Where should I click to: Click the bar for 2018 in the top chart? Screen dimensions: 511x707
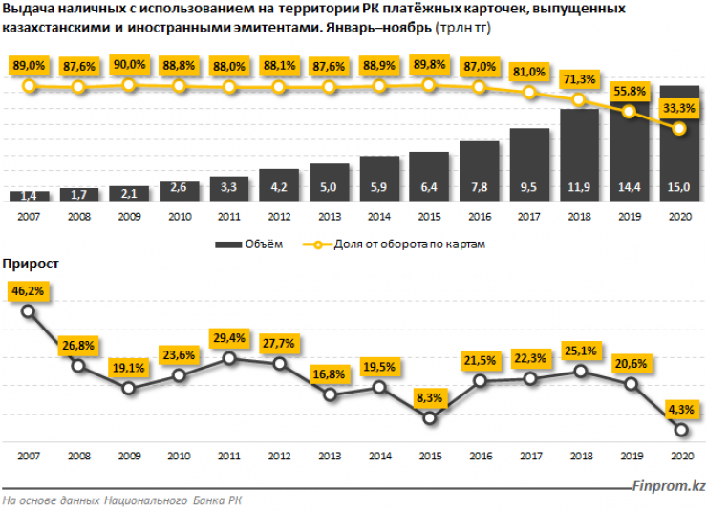coord(580,153)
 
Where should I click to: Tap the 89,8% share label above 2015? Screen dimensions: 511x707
coord(429,65)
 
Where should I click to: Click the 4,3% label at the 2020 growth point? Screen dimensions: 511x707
coord(680,410)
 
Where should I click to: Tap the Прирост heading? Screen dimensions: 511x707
coord(32,261)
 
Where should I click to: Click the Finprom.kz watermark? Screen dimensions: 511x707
coord(670,486)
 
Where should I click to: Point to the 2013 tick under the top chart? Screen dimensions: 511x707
coord(329,217)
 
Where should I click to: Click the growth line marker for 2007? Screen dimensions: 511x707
coord(29,311)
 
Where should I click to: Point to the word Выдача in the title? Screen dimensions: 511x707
coord(28,9)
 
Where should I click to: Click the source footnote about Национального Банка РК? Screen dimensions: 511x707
coord(123,500)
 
